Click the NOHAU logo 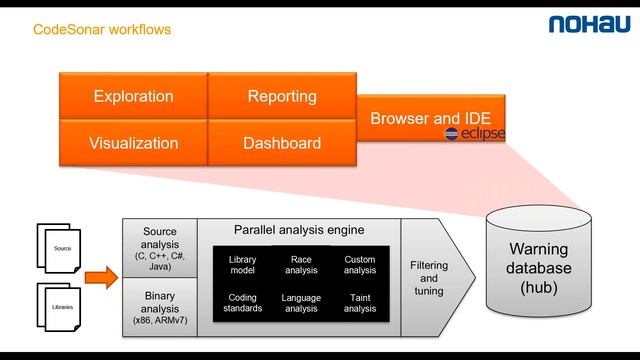(587, 25)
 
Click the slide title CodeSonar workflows (102, 30)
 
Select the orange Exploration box (133, 97)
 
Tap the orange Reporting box (282, 97)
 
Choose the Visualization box (133, 143)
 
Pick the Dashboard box (282, 143)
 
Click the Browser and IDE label (430, 118)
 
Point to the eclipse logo (475, 134)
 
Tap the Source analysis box (160, 248)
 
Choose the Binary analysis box (160, 306)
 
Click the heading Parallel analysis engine (299, 229)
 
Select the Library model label (242, 265)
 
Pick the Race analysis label (301, 265)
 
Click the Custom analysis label (359, 265)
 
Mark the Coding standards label (242, 303)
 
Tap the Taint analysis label (359, 303)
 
